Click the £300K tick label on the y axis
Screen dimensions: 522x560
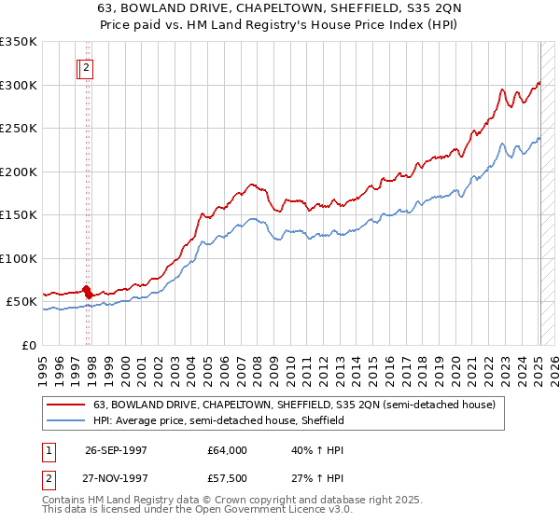(19, 85)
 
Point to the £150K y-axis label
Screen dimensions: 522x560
(19, 214)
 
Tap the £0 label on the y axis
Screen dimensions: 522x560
(29, 345)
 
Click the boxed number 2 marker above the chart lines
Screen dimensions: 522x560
(86, 67)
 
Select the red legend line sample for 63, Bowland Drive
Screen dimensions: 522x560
(66, 405)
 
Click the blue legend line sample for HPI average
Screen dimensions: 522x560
(66, 420)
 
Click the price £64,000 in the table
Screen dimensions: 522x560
(227, 450)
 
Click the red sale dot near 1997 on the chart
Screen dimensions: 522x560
(87, 290)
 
